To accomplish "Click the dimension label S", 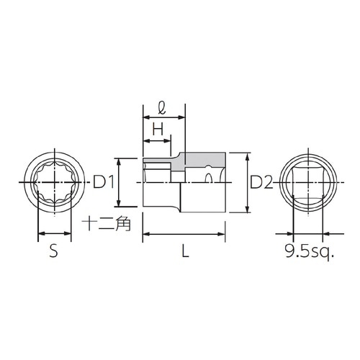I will coord(53,251).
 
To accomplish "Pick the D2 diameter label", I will coord(261,183).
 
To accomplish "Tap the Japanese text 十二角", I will coord(104,223).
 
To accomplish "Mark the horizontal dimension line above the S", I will coord(54,233).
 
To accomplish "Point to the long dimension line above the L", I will coord(189,234).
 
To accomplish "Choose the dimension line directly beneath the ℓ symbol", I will coord(164,118).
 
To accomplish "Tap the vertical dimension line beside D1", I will coord(117,183).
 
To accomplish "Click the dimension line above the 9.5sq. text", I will coord(309,233).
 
